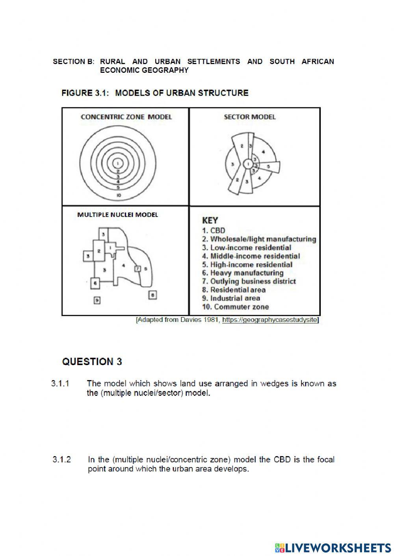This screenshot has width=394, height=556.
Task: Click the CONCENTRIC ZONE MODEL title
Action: [126, 117]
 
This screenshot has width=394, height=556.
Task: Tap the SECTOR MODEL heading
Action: [249, 117]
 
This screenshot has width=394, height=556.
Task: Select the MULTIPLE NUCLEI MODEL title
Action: [117, 214]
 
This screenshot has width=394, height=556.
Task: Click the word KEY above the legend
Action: [210, 220]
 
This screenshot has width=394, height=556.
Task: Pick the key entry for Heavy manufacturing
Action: [243, 273]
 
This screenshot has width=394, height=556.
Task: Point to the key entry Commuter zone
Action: [236, 307]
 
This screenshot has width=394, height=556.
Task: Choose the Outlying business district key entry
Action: [249, 281]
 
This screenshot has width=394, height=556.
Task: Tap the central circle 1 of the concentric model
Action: [117, 163]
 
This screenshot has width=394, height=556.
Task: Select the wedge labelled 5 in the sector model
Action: [269, 167]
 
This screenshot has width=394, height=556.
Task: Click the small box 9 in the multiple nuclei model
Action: [97, 300]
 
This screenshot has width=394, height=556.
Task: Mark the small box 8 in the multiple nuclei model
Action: [153, 295]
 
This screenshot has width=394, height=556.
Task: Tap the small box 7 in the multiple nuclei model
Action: [138, 269]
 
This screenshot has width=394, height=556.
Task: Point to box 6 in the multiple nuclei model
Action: [95, 283]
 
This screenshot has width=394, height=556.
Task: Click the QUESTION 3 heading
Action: [92, 362]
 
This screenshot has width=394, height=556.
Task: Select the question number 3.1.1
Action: [60, 383]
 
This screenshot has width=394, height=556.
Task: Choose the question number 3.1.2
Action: [61, 460]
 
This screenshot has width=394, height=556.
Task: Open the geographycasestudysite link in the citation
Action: [269, 320]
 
